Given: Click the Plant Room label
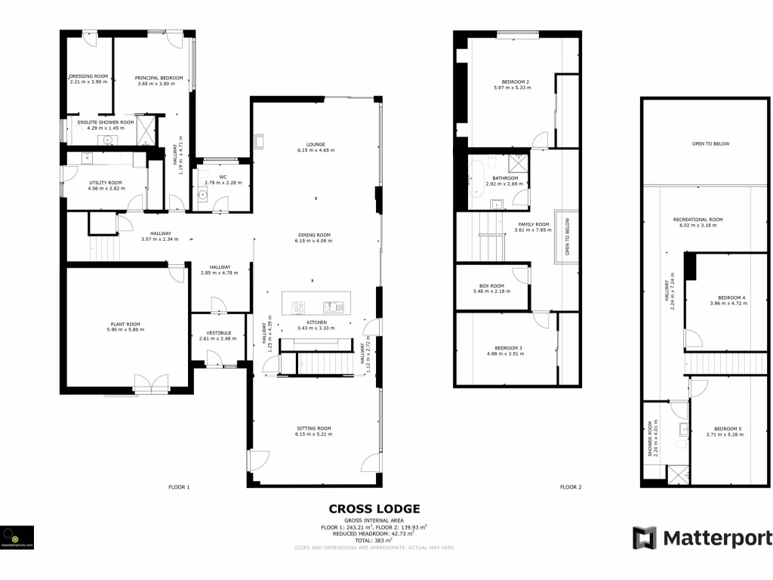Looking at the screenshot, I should click(124, 324).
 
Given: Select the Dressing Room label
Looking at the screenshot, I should click(89, 76).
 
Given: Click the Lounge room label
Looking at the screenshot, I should click(316, 144).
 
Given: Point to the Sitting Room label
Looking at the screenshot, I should click(314, 428).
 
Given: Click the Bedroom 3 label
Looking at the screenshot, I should click(504, 347).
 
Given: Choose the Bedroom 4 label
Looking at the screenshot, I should click(731, 298).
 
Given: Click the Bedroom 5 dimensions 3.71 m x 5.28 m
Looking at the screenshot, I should click(725, 434).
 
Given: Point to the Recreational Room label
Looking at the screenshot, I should click(698, 220).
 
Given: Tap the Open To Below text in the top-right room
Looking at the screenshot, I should click(710, 143).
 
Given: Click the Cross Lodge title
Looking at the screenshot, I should click(374, 509).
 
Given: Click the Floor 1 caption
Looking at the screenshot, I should click(179, 487).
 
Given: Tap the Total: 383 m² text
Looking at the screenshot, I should click(374, 541).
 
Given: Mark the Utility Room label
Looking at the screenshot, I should click(105, 183).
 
